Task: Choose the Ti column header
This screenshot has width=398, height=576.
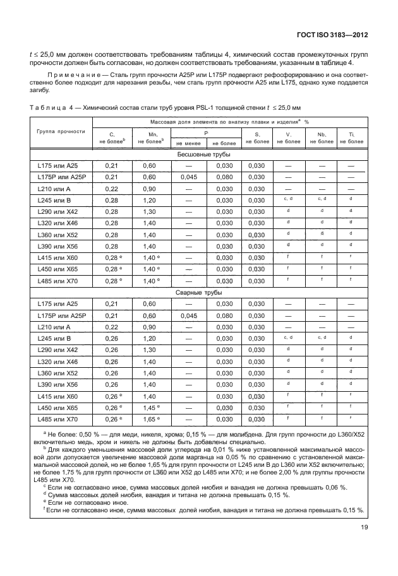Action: coord(351,138)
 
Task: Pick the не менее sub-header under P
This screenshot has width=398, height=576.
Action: coord(188,143)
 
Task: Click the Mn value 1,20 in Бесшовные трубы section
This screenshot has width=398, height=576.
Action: coord(149,200)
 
